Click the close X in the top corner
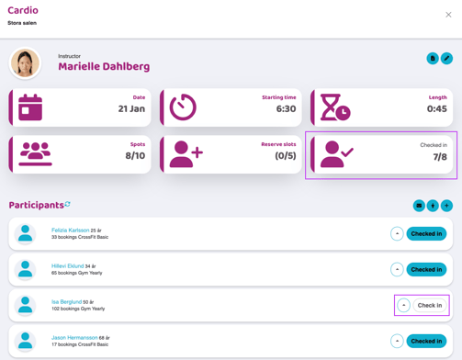tap(448, 15)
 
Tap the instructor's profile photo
tap(26, 62)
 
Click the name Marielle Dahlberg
tap(104, 66)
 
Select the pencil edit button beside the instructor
tap(446, 59)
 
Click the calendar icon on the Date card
tap(30, 107)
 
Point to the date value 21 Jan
tap(131, 108)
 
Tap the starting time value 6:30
tap(286, 108)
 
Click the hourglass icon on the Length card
tap(334, 107)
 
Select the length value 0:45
tap(436, 108)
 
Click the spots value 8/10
tap(135, 155)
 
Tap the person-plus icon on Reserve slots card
tap(186, 154)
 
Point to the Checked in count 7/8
tap(440, 157)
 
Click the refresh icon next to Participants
tap(67, 204)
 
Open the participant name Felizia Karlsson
tap(70, 230)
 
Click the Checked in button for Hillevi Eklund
tap(426, 269)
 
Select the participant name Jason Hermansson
tap(74, 337)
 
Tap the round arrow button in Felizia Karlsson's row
tap(397, 234)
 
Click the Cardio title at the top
tap(23, 10)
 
